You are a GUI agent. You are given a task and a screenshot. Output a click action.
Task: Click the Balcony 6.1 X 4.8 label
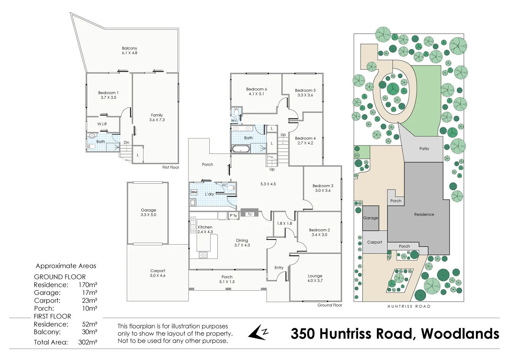click(x=129, y=51)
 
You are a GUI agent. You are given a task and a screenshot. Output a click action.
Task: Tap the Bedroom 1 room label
click(x=108, y=95)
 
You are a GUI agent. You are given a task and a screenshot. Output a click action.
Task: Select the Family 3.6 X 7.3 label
click(x=157, y=117)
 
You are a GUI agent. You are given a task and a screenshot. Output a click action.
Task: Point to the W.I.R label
click(x=102, y=124)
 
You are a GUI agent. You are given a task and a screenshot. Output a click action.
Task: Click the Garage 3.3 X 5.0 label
click(x=148, y=212)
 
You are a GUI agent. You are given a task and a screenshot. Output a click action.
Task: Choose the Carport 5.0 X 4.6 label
click(x=158, y=273)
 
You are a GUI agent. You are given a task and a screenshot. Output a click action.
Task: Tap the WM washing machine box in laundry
click(x=194, y=192)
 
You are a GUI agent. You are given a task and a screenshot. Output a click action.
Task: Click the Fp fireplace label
click(x=250, y=214)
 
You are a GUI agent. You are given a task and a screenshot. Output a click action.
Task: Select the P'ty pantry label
click(x=233, y=216)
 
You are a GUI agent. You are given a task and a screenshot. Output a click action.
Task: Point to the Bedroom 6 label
click(x=256, y=91)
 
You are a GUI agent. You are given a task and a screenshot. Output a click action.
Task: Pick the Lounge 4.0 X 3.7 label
click(x=315, y=278)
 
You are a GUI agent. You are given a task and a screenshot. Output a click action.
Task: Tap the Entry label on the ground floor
click(x=279, y=267)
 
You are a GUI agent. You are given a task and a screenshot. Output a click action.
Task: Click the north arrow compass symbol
click(x=258, y=333)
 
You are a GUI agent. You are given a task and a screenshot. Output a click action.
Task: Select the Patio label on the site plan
click(x=424, y=149)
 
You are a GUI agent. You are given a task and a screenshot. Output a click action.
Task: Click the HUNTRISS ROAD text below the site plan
click(x=409, y=306)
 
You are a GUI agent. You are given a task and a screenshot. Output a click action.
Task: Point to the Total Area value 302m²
click(x=88, y=342)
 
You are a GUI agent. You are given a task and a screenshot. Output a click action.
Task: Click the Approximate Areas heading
click(x=66, y=266)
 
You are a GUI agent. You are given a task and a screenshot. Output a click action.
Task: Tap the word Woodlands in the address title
click(x=460, y=334)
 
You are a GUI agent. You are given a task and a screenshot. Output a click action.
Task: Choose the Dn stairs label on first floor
click(x=126, y=142)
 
